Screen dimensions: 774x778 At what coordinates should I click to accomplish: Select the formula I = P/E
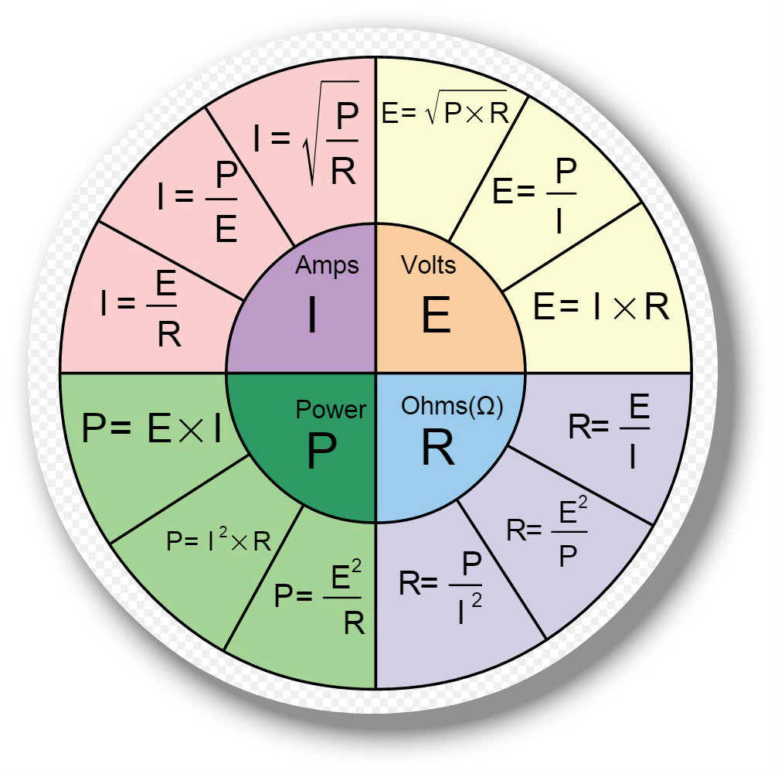(198, 203)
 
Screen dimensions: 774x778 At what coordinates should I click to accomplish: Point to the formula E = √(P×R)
(445, 114)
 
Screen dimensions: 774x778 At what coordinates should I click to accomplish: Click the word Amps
(327, 266)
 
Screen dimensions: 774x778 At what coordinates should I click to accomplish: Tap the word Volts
(428, 266)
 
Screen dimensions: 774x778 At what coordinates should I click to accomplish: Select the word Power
(331, 409)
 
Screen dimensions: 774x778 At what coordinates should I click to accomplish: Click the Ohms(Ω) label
(452, 407)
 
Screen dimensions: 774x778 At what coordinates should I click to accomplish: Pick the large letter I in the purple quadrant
(312, 315)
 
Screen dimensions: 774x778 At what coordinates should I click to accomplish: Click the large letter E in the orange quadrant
(436, 316)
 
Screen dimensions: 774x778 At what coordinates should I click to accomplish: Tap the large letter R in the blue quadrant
(437, 448)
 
